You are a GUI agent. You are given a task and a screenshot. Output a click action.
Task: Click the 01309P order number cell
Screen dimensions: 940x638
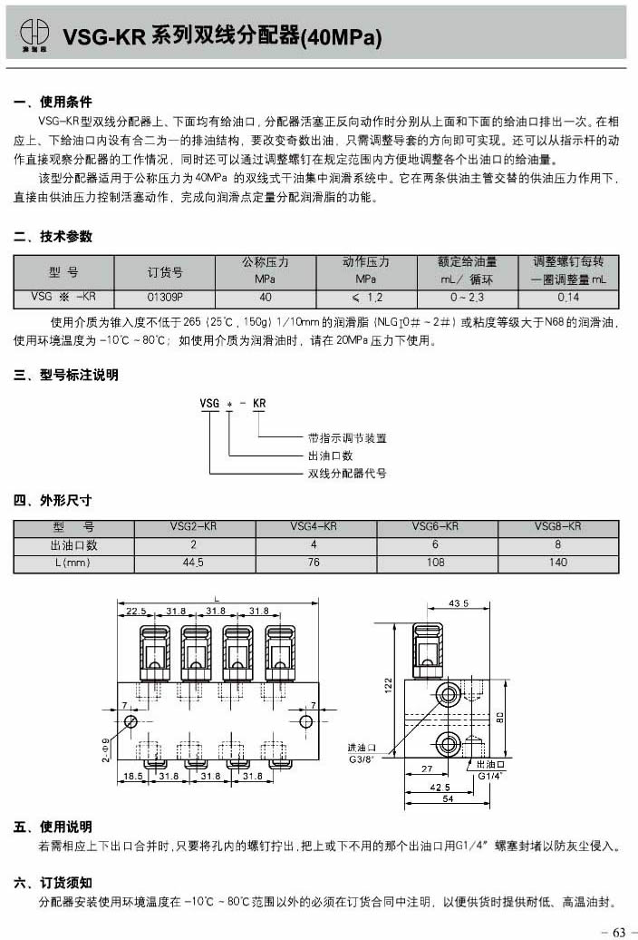point(165,296)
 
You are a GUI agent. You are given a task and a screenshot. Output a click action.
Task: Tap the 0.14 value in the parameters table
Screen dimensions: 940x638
point(568,297)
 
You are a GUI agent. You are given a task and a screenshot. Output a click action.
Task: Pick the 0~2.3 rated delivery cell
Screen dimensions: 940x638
point(468,297)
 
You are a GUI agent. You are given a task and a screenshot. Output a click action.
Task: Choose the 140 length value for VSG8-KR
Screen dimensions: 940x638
point(557,563)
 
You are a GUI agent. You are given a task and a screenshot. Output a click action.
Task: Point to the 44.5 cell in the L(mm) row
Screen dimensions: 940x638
point(193,563)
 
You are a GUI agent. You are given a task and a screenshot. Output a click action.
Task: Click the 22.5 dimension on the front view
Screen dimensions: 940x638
point(136,611)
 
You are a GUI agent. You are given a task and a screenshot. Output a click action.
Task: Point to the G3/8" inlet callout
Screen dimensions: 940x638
point(362,759)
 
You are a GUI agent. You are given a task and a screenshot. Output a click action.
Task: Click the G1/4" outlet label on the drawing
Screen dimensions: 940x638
point(490,776)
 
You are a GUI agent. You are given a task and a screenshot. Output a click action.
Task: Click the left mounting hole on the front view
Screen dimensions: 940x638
point(131,721)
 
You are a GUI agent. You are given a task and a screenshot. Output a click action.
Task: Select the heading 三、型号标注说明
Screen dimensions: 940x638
point(66,375)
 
